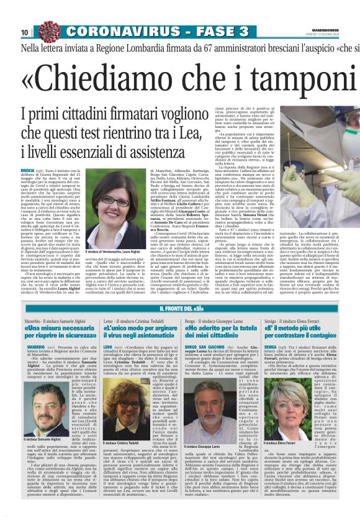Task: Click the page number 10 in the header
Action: click(x=25, y=32)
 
